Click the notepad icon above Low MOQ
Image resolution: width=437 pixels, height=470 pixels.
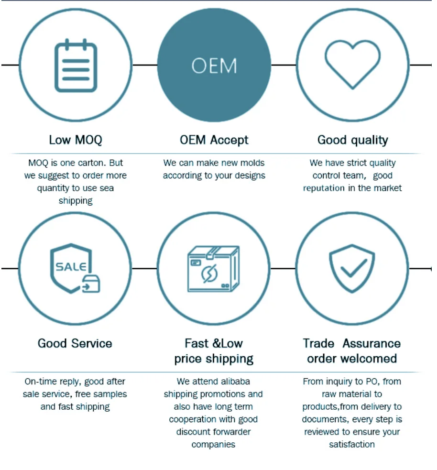(76, 66)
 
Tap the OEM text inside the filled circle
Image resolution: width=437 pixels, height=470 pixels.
(214, 66)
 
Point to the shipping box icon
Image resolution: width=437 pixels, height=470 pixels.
(213, 269)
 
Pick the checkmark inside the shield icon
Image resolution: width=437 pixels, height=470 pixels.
(353, 268)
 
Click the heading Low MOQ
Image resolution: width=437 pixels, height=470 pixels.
(76, 140)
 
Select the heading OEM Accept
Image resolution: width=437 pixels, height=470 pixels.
(214, 140)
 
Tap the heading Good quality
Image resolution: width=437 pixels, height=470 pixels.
(352, 140)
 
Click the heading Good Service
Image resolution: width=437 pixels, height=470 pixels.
(75, 343)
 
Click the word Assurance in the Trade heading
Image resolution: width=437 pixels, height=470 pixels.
(371, 343)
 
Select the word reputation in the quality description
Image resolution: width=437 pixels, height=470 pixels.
(324, 188)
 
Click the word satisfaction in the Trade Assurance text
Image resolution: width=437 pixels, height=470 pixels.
(352, 444)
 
